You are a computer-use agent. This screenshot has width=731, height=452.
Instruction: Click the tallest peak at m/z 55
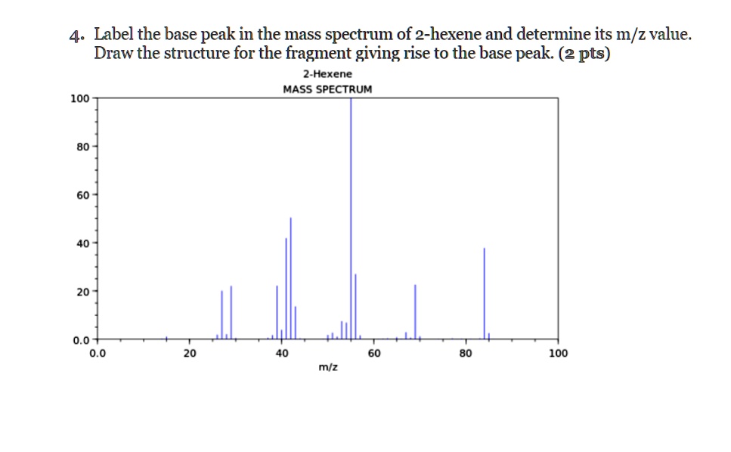(351, 219)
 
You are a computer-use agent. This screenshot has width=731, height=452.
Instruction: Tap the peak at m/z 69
(415, 311)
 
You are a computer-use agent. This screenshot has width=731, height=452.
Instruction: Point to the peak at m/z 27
(221, 314)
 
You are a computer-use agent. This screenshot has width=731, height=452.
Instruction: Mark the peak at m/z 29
(231, 312)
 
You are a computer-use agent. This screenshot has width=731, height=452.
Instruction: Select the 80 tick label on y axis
(81, 146)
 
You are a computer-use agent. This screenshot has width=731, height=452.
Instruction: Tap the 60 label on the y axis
(81, 194)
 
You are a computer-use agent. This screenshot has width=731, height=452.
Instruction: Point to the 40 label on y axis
(81, 243)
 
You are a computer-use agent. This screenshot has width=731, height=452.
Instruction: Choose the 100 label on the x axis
(558, 353)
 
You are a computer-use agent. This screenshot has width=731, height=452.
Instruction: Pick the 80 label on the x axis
(466, 353)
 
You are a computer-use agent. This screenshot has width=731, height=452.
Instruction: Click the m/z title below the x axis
(327, 367)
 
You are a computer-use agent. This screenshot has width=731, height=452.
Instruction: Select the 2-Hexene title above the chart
(327, 74)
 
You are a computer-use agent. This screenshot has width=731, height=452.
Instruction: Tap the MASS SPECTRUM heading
(327, 88)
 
